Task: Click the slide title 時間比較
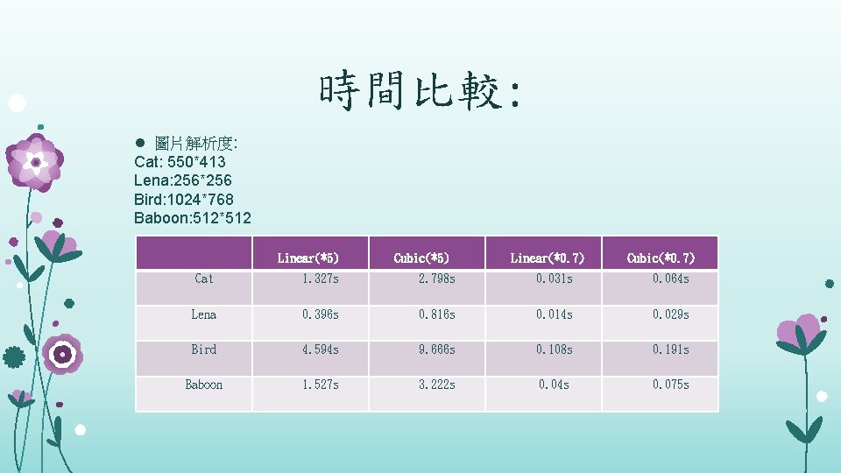pos(420,91)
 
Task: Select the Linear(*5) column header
pos(308,258)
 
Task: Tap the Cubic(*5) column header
pos(424,258)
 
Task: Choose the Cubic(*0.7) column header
pos(661,258)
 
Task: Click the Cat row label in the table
pos(203,279)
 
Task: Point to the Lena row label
pos(203,314)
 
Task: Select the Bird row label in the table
pos(203,349)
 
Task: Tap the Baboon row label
pos(203,385)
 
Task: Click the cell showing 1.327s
pos(321,279)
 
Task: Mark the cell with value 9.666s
pos(437,349)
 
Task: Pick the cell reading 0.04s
pos(554,385)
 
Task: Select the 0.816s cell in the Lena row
pos(437,314)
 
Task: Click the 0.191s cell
pos(670,349)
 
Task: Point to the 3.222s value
pos(437,385)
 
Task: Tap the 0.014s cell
pos(554,314)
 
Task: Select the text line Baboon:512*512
pos(193,217)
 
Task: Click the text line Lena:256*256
pos(183,180)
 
